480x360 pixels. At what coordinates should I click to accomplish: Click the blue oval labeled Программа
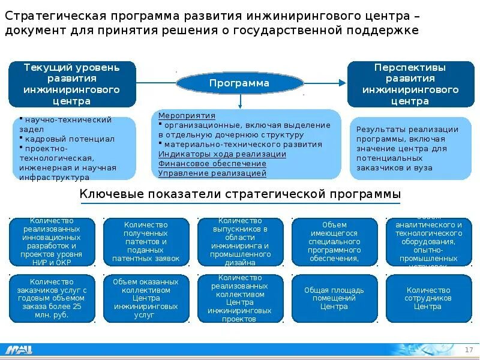[x=239, y=83]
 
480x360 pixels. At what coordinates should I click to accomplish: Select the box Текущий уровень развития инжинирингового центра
[x=72, y=84]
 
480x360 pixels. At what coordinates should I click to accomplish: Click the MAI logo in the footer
[x=19, y=350]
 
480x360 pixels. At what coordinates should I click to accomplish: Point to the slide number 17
[x=469, y=350]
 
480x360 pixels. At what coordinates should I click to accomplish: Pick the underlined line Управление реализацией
[x=212, y=173]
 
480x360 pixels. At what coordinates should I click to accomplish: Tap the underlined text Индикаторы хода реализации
[x=222, y=154]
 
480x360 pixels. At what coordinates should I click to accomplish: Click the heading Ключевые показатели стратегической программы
[x=240, y=194]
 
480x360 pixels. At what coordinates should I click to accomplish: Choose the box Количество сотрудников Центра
[x=428, y=298]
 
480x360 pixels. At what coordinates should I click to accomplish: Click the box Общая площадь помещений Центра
[x=334, y=298]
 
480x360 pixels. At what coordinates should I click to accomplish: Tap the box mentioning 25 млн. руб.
[x=52, y=298]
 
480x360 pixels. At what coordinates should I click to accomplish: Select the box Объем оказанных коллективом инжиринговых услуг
[x=146, y=298]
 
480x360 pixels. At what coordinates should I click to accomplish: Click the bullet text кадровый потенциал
[x=69, y=139]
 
